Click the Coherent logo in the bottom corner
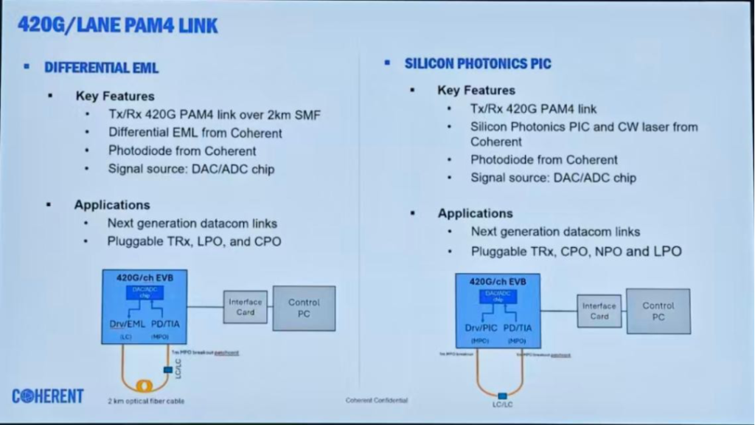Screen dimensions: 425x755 pos(48,396)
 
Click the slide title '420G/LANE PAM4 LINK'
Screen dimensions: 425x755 pos(117,26)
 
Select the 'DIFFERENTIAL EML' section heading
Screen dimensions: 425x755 pos(102,68)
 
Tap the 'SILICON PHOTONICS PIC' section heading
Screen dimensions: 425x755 pos(477,63)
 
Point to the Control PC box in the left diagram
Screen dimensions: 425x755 pos(304,308)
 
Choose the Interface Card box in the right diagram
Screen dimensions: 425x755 pos(599,311)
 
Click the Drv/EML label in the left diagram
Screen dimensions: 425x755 pos(125,324)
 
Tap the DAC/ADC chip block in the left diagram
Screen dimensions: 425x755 pos(145,293)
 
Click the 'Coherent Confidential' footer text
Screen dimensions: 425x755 pos(376,400)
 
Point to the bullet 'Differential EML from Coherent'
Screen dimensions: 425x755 pos(195,133)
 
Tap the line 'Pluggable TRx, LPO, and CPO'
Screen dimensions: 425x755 pos(194,241)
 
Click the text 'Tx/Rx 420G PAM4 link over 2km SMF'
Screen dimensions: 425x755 pos(214,114)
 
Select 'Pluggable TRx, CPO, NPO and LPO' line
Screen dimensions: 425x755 pos(576,251)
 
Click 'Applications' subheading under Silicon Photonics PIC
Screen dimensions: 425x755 pos(475,213)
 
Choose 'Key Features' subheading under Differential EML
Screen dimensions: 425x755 pos(114,96)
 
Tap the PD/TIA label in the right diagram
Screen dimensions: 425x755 pos(516,327)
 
